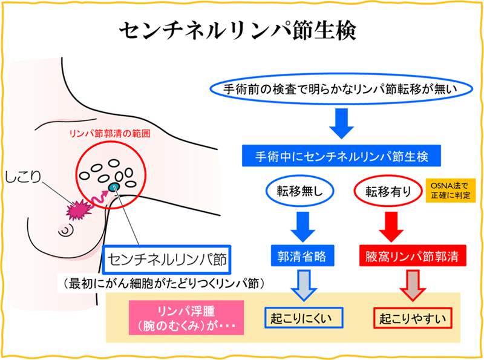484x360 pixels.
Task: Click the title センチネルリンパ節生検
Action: coord(238,31)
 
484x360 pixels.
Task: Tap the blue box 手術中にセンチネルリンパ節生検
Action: coord(341,156)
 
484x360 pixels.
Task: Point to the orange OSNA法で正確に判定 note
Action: coord(450,191)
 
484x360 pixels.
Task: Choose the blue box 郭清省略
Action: coord(302,256)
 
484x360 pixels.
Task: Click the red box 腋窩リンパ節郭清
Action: coord(413,256)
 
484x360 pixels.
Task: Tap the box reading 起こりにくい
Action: coord(304,318)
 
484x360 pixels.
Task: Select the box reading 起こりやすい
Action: coord(413,318)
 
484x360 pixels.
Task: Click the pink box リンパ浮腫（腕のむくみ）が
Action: coord(186,318)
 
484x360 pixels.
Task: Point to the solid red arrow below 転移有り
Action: coord(391,227)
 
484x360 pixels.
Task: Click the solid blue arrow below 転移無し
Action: coord(303,227)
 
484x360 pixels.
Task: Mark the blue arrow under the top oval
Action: coord(341,123)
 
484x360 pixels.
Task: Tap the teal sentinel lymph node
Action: coord(114,187)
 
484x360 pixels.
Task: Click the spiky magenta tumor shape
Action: coord(79,210)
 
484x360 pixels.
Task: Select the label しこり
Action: coord(23,177)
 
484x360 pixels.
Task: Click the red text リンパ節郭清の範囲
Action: coord(110,134)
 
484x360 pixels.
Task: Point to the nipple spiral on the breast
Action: coord(66,230)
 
